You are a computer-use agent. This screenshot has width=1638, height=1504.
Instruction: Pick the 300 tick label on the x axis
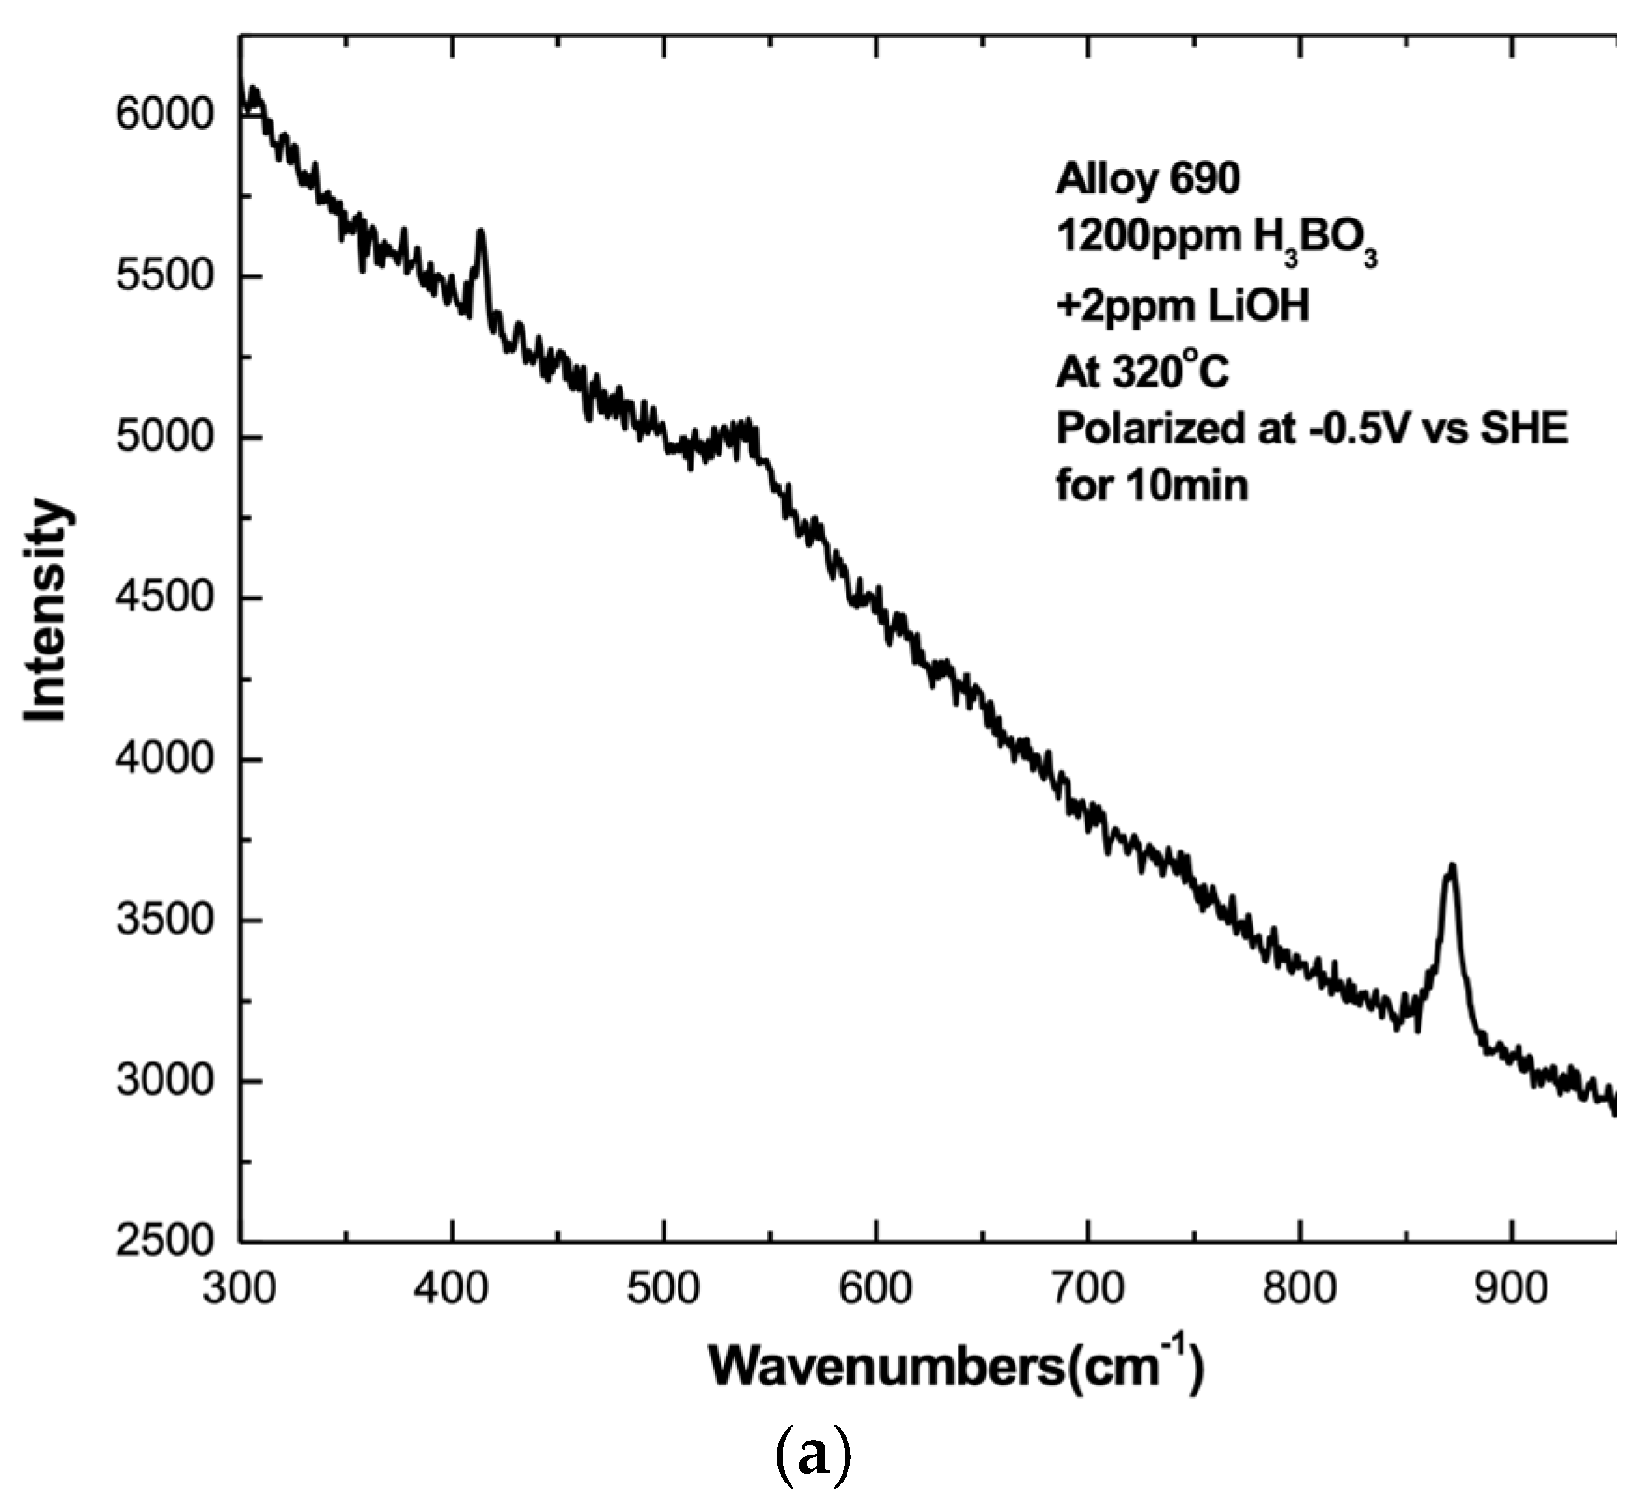coord(241,1288)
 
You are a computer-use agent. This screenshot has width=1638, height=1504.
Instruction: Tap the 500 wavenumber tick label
coord(664,1288)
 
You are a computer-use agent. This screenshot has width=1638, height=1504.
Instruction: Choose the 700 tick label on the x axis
coord(1087,1288)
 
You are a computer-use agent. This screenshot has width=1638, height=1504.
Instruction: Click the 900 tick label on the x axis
coord(1510,1288)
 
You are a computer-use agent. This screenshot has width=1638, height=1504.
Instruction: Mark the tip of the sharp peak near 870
coord(1451,865)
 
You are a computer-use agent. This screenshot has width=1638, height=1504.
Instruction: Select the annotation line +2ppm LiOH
coord(1183,305)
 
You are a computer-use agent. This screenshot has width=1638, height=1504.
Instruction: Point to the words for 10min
coord(1152,485)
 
